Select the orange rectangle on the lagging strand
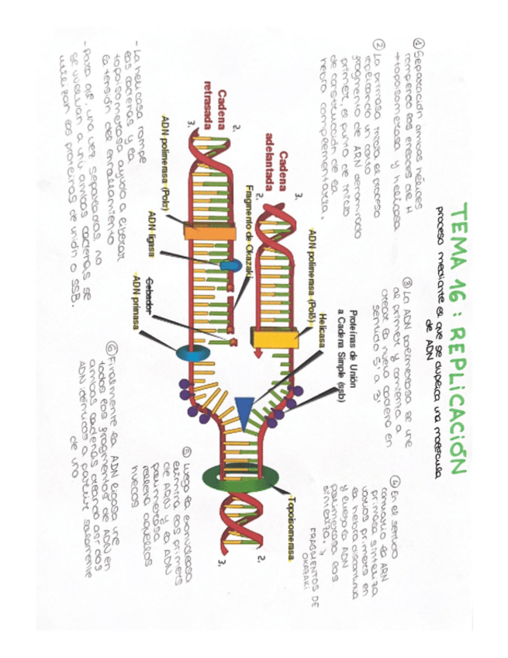pyautogui.click(x=200, y=230)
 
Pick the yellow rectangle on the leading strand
pyautogui.click(x=274, y=335)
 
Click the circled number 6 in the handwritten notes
pyautogui.click(x=113, y=348)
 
